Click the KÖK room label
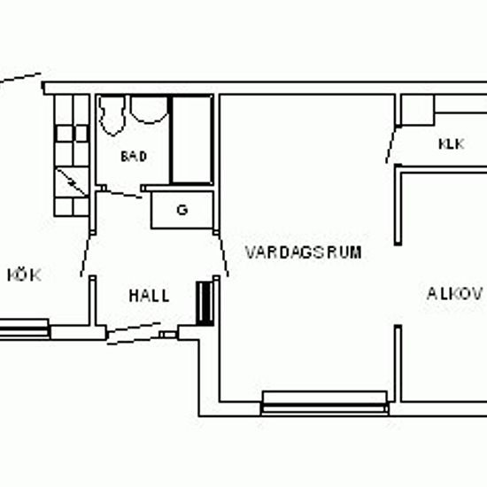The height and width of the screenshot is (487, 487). click(24, 274)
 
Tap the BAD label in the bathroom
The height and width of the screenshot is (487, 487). click(134, 156)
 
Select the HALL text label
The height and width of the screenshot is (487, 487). click(149, 296)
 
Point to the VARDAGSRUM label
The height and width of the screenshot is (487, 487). click(304, 252)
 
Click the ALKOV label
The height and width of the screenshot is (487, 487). click(455, 293)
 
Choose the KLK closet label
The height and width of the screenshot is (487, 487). click(452, 144)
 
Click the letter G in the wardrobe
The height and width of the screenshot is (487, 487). click(182, 210)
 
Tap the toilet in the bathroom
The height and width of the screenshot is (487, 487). click(112, 115)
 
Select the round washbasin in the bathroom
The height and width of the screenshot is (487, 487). click(149, 110)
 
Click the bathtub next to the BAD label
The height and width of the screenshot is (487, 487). click(191, 139)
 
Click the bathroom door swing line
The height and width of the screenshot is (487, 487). click(122, 193)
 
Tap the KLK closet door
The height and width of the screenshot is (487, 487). click(391, 144)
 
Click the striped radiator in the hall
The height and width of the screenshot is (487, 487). click(205, 304)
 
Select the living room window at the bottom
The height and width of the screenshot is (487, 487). click(325, 403)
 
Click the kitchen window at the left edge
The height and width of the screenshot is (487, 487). click(24, 329)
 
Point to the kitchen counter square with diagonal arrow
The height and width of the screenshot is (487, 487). click(72, 182)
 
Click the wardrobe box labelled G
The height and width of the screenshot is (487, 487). click(182, 210)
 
